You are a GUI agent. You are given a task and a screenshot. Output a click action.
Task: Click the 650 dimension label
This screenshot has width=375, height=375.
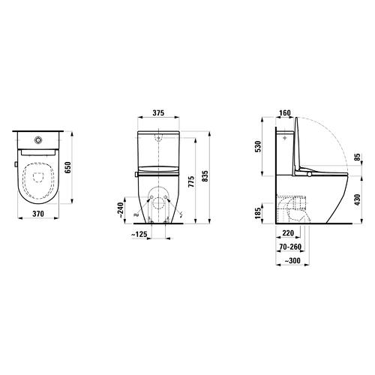(68, 167)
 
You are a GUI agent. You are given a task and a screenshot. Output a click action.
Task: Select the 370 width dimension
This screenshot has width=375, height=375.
(38, 214)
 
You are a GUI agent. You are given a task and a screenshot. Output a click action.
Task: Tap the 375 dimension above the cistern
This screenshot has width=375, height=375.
(158, 113)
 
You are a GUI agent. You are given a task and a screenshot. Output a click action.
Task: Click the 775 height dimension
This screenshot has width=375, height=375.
(191, 182)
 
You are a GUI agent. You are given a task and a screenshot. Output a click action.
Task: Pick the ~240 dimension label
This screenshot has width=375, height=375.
(121, 210)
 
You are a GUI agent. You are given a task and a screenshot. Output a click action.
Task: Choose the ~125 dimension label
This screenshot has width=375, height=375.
(139, 235)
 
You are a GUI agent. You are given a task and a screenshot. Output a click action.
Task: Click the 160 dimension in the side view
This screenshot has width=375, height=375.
(285, 113)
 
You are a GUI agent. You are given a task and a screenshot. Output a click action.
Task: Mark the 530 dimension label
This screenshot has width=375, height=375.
(258, 146)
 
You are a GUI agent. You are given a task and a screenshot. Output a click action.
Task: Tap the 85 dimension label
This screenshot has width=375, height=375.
(358, 157)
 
